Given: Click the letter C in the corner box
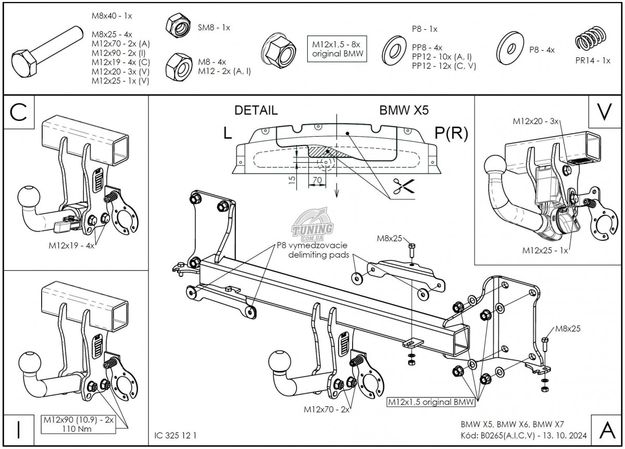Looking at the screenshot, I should click(19, 113).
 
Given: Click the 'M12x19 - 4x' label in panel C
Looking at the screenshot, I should click(71, 245).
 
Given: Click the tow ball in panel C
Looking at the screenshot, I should click(28, 198).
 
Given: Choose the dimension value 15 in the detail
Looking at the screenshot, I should click(292, 180).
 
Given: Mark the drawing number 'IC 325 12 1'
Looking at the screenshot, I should click(176, 434).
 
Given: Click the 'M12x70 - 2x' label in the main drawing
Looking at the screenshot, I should click(326, 409).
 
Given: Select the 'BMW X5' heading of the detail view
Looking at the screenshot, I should click(404, 110).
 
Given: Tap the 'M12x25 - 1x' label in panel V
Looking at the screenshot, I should click(545, 250).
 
